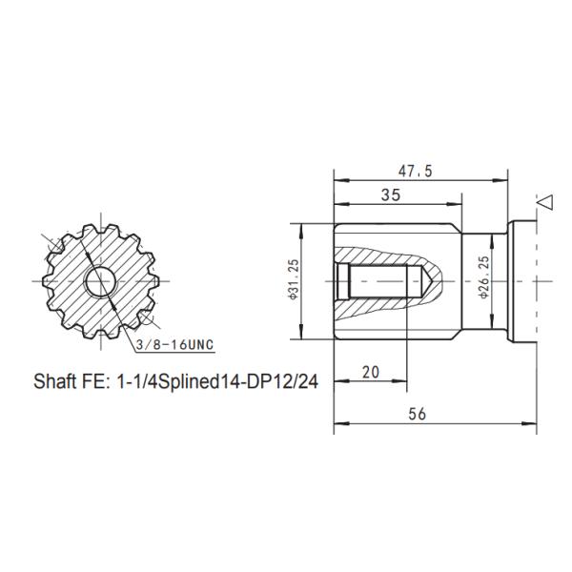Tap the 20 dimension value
tap(370, 372)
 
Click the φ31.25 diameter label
tap(294, 281)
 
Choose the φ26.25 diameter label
tap(484, 277)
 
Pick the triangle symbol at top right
tap(545, 202)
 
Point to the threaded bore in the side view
tap(377, 282)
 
